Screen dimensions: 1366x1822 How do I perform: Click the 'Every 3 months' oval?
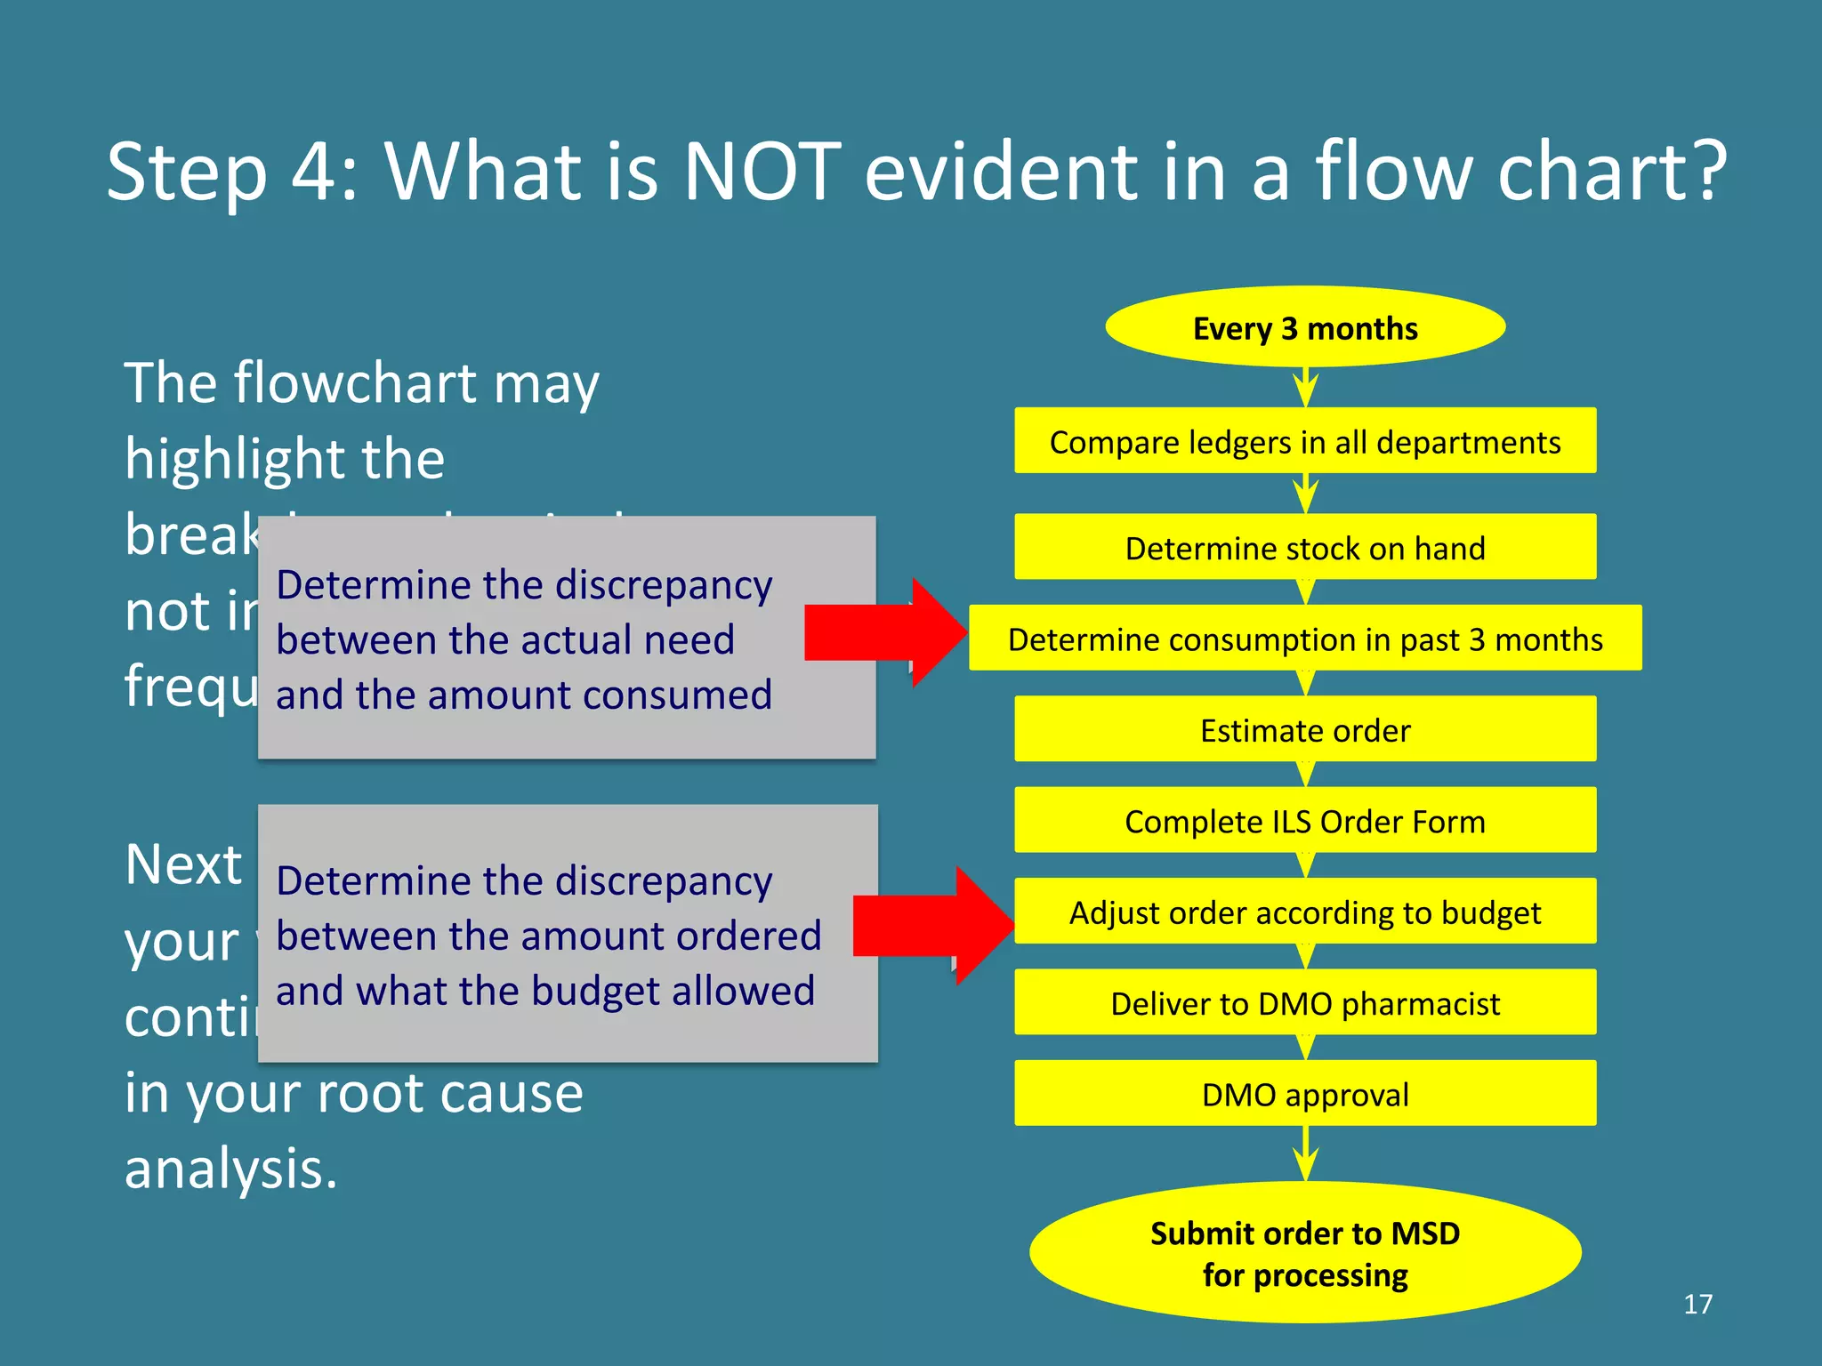(1304, 327)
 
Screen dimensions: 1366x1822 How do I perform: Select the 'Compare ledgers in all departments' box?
(1304, 441)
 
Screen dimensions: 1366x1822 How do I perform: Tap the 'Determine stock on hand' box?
(1304, 547)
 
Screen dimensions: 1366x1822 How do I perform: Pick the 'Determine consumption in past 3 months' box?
(1304, 639)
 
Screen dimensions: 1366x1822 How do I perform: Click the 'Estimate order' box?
(1304, 729)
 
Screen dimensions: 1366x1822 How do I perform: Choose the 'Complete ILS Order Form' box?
(1304, 820)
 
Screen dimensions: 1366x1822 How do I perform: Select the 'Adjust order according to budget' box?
(1304, 912)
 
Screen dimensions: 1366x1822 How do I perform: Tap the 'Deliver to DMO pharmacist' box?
(1304, 1002)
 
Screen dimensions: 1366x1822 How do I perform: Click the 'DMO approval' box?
(1304, 1093)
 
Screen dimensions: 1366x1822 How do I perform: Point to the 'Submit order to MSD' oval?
(1304, 1252)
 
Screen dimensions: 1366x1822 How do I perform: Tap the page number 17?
(1697, 1304)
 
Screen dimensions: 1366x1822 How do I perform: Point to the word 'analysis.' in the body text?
(231, 1168)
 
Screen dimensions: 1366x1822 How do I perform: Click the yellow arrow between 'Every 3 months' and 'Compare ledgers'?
(1305, 387)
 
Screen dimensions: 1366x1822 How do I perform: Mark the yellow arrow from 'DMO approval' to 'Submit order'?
(1305, 1153)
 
